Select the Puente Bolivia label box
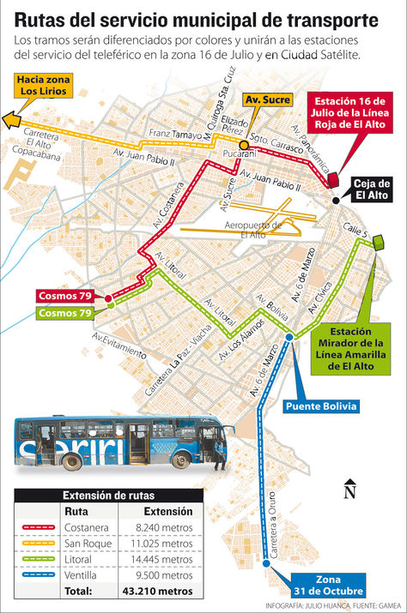(x=321, y=406)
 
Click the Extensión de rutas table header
(x=109, y=495)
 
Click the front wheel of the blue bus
(x=181, y=460)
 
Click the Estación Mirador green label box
(x=352, y=348)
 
